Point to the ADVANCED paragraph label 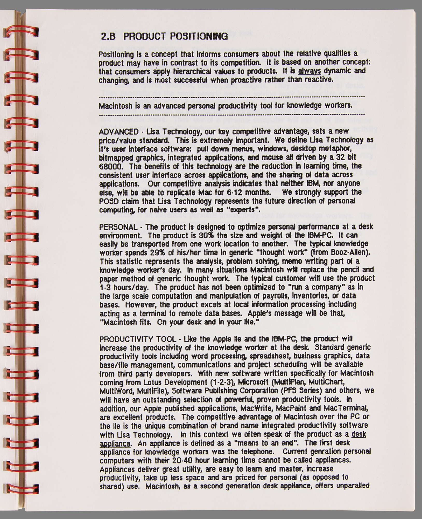point(119,132)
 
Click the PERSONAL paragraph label point(118,227)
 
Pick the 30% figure point(206,236)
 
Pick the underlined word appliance point(115,443)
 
